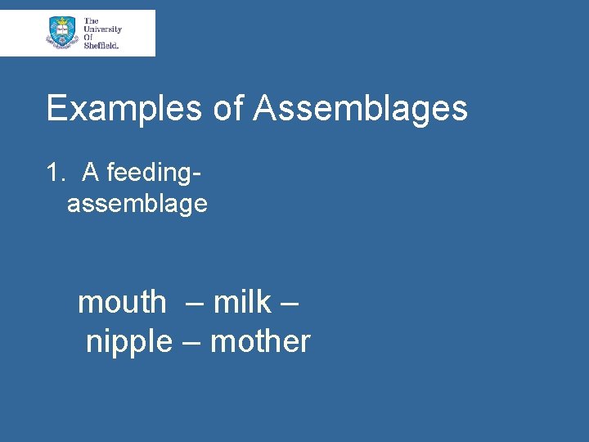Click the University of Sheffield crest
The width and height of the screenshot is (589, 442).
pos(62,33)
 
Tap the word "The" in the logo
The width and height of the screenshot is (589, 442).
pos(91,20)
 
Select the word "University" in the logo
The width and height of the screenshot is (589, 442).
pos(102,29)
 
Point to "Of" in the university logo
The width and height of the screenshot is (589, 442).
pos(88,38)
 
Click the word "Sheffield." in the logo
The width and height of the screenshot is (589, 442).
pos(101,46)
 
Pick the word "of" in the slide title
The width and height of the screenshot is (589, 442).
pos(229,109)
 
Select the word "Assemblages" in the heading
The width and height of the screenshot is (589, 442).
pos(360,109)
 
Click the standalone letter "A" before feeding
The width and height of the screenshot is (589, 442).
pos(91,173)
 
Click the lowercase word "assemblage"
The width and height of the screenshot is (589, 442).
pos(137,204)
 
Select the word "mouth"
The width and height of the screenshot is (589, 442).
pos(121,302)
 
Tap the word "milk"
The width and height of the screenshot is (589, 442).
pos(241,302)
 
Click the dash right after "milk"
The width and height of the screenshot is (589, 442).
pos(289,304)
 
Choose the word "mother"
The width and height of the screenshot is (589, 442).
pos(260,341)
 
